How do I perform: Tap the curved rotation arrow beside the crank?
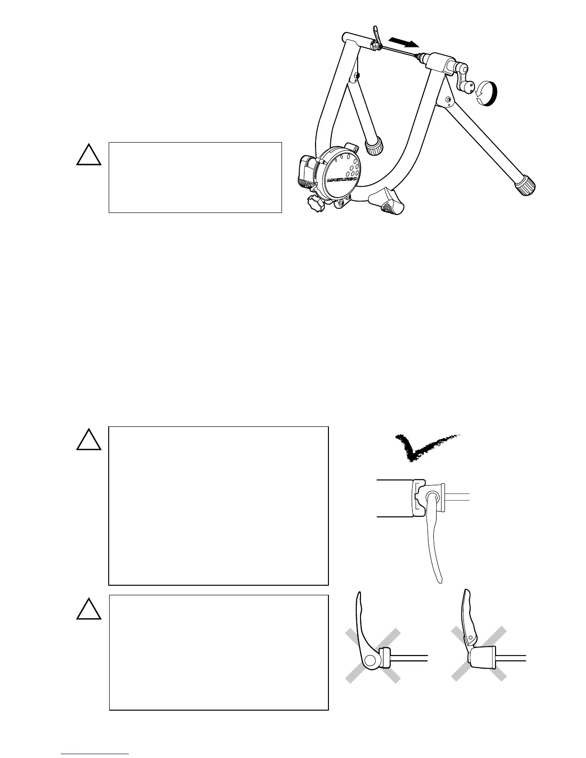487,93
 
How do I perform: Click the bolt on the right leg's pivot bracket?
448,100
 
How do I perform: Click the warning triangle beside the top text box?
89,155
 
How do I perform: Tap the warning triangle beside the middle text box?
89,440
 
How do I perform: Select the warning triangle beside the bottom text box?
89,609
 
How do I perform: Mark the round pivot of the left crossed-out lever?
370,661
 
